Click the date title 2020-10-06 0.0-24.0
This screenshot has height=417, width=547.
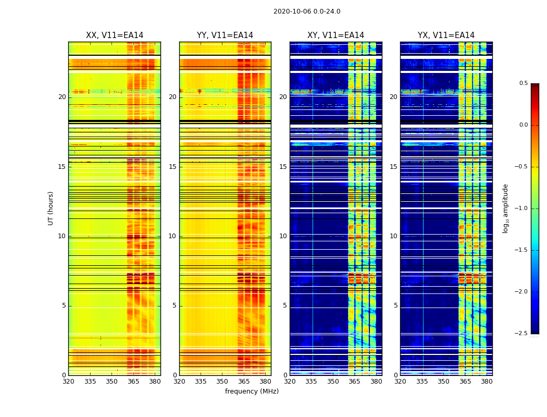(x=307, y=11)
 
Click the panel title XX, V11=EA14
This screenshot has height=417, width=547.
(x=115, y=35)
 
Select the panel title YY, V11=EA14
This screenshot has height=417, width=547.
(x=225, y=35)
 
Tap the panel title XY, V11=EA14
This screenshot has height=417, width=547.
(x=335, y=35)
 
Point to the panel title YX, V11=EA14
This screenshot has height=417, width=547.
(x=446, y=35)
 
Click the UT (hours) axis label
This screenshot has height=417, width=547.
(x=51, y=208)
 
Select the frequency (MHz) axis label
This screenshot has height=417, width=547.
(x=252, y=391)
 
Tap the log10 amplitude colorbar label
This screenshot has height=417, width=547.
(x=505, y=208)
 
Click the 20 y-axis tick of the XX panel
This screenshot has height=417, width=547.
(x=62, y=97)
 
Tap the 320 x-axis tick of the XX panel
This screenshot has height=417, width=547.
(x=68, y=382)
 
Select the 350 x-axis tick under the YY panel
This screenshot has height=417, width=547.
(x=222, y=382)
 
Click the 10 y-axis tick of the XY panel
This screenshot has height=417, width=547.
(x=283, y=236)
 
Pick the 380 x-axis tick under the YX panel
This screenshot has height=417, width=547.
(x=487, y=382)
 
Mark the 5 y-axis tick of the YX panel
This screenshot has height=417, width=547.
(x=395, y=305)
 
